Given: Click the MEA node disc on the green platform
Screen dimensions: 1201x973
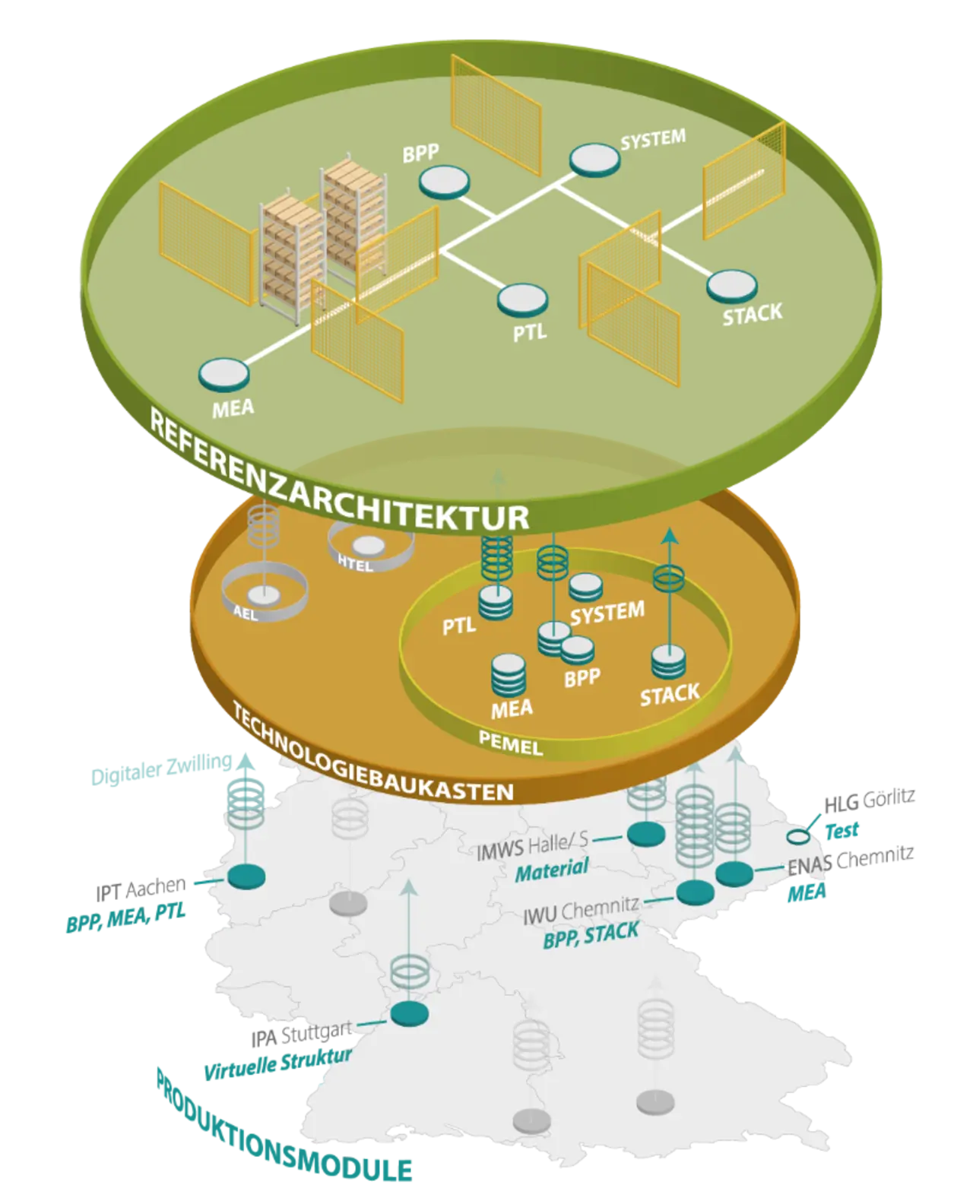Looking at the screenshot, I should click(x=223, y=373).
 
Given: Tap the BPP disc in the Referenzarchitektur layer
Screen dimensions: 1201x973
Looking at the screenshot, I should click(x=444, y=182).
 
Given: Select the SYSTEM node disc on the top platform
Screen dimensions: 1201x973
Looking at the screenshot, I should click(x=595, y=160).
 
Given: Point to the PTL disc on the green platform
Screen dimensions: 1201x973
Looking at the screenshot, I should click(x=523, y=299).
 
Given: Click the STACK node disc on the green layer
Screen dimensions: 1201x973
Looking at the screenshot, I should click(x=732, y=287).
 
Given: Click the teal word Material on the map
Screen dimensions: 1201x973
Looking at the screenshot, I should click(x=552, y=870).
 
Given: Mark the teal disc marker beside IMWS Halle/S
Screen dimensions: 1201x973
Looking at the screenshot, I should click(x=647, y=832).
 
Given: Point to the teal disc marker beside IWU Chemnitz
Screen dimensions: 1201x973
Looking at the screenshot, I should click(x=695, y=892).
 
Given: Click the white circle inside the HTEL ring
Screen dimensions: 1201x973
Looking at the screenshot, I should click(x=370, y=545).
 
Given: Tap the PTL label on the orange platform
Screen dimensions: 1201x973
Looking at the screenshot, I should click(x=459, y=625).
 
